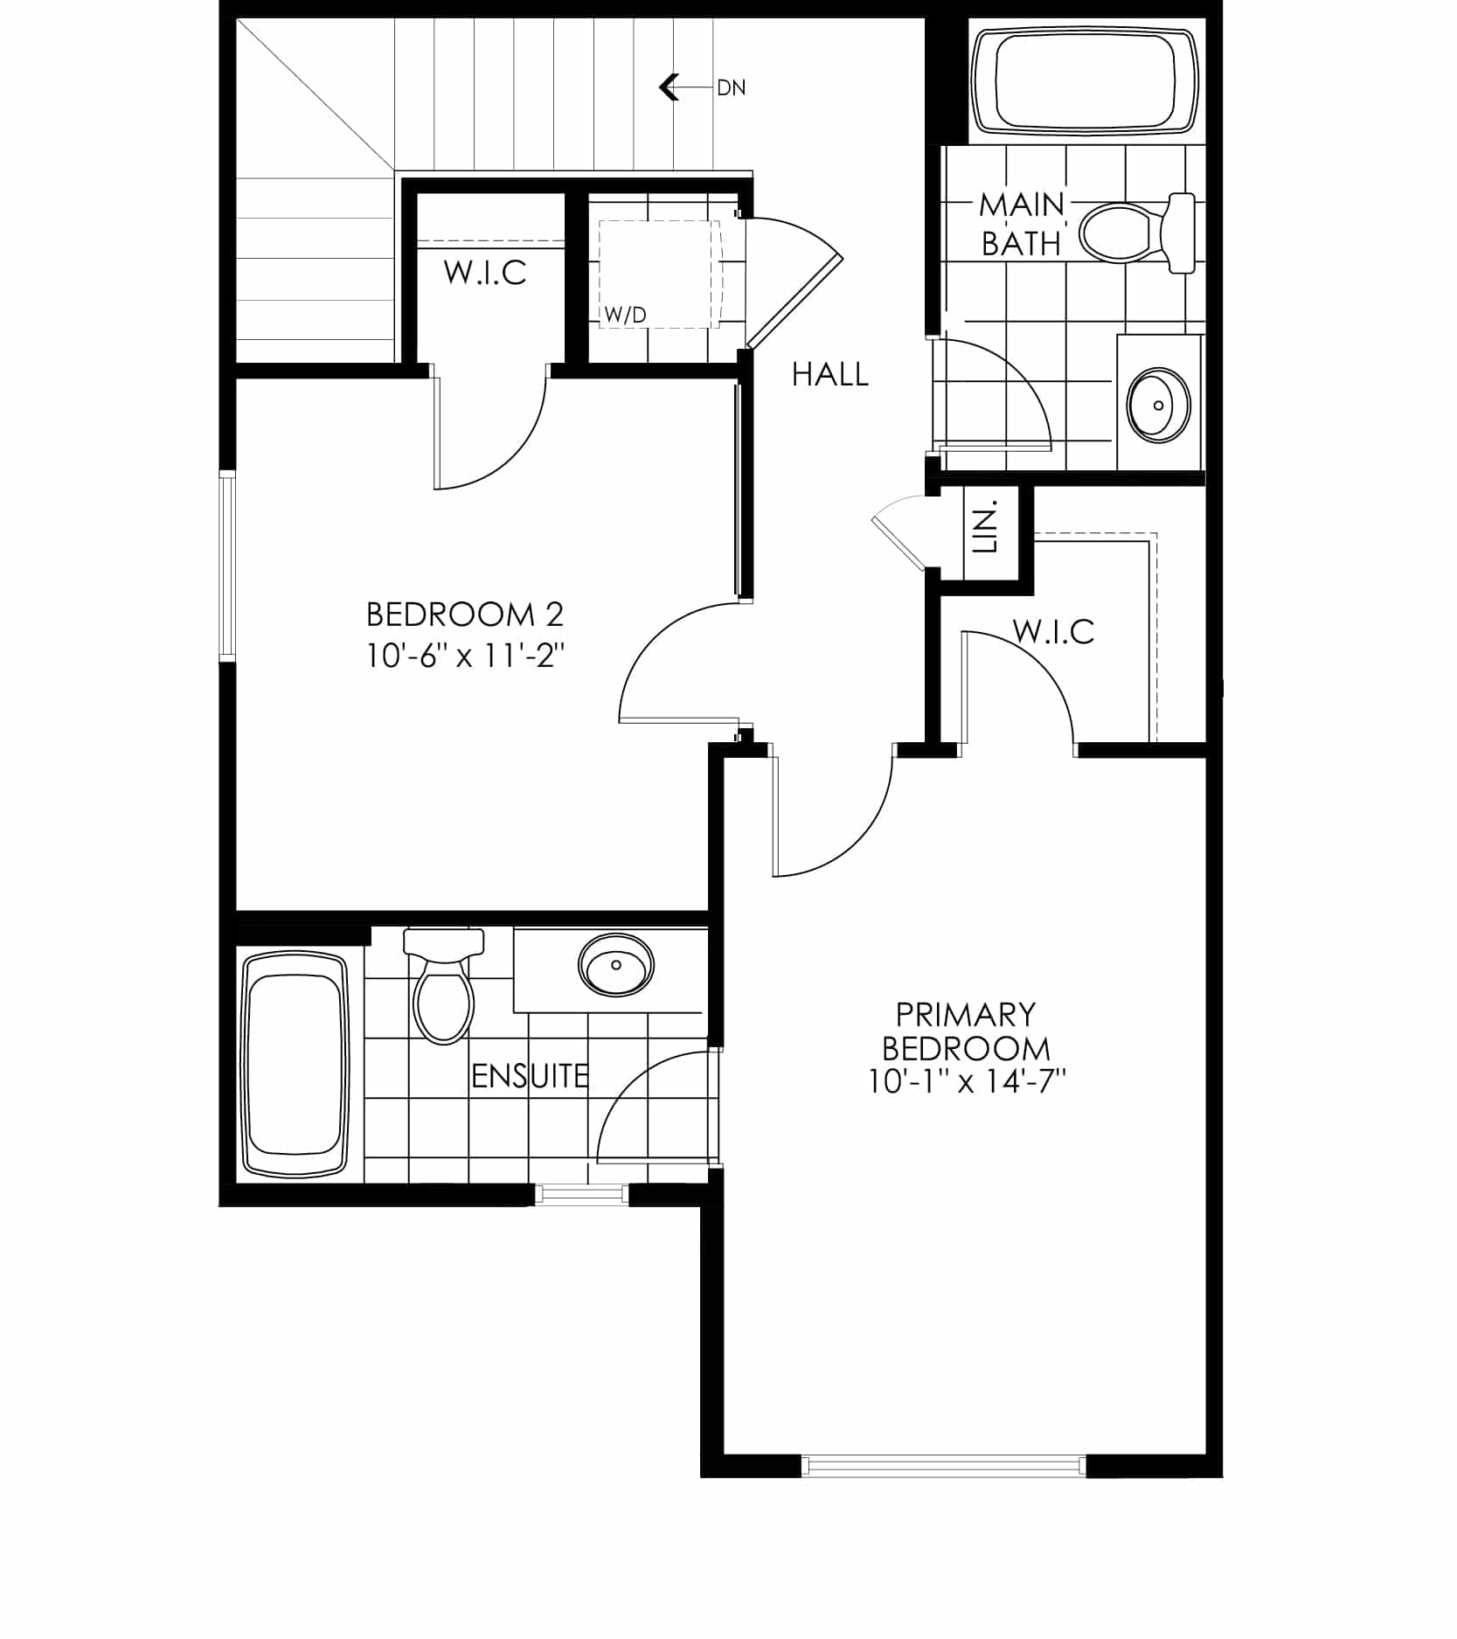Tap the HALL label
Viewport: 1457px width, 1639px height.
pos(829,375)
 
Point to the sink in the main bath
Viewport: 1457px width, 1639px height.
pos(1158,405)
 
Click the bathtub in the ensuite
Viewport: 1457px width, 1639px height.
pos(294,1065)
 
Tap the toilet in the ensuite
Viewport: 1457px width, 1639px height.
pos(443,985)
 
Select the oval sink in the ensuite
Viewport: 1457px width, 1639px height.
pos(615,965)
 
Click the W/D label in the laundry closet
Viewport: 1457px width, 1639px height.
pos(626,316)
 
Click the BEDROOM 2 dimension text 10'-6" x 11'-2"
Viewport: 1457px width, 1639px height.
pos(465,656)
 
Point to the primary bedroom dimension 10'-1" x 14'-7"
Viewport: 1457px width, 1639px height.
pos(968,1082)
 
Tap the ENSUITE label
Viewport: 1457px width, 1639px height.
pos(530,1076)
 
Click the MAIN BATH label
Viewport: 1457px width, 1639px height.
pos(1021,225)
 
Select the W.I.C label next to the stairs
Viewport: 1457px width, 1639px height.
pos(485,273)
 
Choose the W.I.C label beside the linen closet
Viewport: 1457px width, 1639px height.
pos(1053,631)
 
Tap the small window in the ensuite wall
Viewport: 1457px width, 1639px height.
pos(580,1193)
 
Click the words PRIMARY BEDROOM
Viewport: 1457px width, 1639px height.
pos(966,1031)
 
